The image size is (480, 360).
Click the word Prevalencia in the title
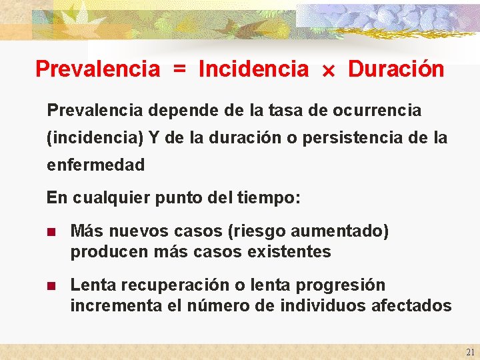[97, 69]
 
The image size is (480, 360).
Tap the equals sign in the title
[179, 69]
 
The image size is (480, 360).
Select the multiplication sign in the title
[329, 69]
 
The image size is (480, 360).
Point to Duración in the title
[396, 69]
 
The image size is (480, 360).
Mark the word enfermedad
[95, 164]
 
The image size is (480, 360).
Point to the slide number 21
[470, 352]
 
